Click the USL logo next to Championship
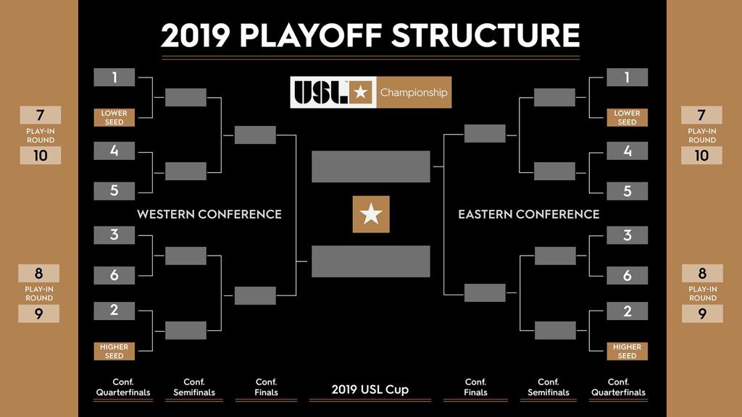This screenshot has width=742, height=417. click(x=333, y=93)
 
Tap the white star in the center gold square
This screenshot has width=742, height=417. click(x=371, y=214)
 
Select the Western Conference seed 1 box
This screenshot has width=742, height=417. click(x=114, y=77)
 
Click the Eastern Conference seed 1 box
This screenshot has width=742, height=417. click(x=627, y=77)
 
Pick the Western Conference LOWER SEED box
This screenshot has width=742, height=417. click(x=114, y=117)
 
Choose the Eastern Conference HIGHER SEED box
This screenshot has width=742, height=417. click(x=627, y=351)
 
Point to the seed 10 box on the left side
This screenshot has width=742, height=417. click(x=40, y=156)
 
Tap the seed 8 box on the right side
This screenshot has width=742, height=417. click(x=702, y=274)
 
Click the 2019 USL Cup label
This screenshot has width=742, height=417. click(x=370, y=389)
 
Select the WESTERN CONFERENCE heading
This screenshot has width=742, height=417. click(x=209, y=214)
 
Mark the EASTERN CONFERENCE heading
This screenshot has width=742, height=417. click(x=529, y=214)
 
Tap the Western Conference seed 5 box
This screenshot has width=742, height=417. click(x=114, y=191)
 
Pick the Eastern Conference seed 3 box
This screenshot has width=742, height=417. click(x=627, y=235)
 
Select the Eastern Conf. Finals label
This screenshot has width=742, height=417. click(x=475, y=387)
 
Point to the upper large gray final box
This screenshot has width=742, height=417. click(x=371, y=167)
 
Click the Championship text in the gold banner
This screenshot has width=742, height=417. click(x=414, y=93)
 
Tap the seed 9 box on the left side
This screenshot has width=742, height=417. click(x=39, y=313)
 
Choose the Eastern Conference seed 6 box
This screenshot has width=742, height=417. click(x=627, y=275)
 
